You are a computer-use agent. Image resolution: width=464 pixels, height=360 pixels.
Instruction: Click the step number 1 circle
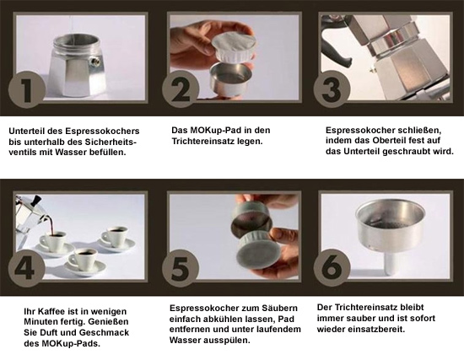coord(27,89)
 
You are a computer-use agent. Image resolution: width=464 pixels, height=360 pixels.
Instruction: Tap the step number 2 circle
coord(181,89)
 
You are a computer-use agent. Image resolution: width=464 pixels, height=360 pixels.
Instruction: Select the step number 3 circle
coord(332,89)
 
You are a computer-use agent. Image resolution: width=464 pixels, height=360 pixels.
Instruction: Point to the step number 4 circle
coord(27,268)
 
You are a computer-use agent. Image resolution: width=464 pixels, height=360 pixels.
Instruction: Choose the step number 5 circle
coord(181,268)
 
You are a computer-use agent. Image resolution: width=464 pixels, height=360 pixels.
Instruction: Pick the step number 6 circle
coord(332,268)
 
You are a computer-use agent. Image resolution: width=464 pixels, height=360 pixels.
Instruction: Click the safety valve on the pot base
coord(95,62)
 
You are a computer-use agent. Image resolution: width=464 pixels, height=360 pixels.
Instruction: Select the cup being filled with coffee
coord(53,239)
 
